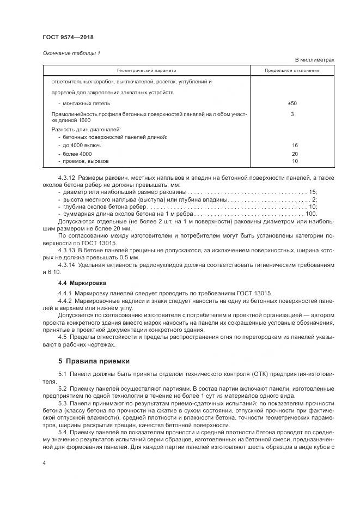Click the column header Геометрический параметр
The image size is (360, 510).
tap(147, 70)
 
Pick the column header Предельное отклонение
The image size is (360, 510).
tap(292, 70)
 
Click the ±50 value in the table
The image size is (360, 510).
tap(292, 103)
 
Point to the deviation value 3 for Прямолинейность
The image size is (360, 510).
tap(292, 114)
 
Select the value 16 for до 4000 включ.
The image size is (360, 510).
tap(295, 145)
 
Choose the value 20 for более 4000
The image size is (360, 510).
tap(295, 155)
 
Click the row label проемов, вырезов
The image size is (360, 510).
tap(86, 161)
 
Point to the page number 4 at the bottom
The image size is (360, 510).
tap(44, 463)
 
